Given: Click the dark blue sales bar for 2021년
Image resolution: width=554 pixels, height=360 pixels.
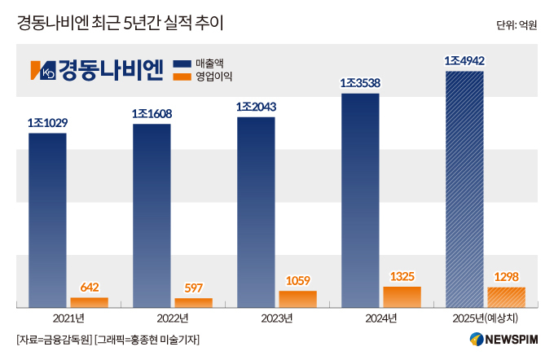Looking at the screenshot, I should (47, 220).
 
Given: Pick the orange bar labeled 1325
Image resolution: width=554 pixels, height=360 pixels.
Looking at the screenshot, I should (402, 296).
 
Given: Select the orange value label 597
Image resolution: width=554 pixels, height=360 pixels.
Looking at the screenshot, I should (194, 288).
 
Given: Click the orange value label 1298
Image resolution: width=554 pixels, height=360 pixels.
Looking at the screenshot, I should (506, 276).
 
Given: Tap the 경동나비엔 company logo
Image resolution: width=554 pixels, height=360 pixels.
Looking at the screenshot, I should (97, 70).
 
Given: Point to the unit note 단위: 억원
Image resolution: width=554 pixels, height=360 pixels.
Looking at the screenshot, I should (516, 25).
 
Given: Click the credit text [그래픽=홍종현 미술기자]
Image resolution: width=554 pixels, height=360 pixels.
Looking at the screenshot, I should (147, 339).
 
